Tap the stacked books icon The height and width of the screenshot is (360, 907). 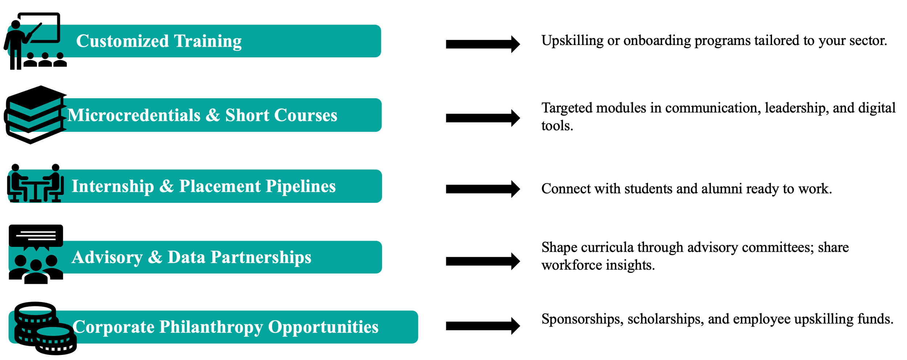pos(35,115)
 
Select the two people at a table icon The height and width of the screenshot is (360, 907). pos(35,183)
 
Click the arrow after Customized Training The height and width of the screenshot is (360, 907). pos(483,44)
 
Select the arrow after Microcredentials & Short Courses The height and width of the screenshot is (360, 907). pos(483,118)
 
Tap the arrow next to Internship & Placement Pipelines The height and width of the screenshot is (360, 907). pos(483,189)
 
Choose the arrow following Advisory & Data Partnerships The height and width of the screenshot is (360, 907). pos(483,261)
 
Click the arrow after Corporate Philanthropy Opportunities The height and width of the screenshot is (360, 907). pos(483,326)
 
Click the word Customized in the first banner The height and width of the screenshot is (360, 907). pos(122,41)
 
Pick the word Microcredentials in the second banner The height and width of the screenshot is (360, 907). pos(134,115)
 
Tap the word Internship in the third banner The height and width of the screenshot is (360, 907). pos(112,187)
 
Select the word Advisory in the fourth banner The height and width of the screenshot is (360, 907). pos(107,257)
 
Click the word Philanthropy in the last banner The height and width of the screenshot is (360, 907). pos(211,327)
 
